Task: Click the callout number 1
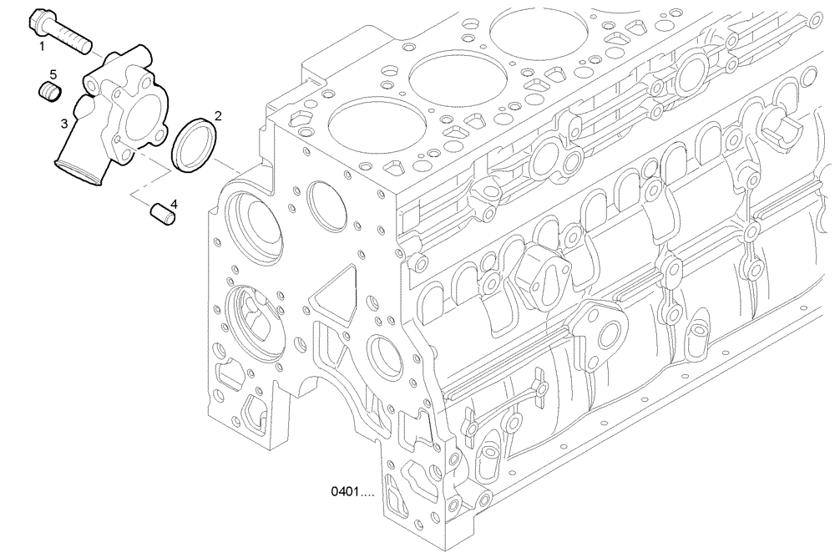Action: [40, 47]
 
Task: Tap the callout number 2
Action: [219, 114]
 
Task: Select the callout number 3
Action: [63, 124]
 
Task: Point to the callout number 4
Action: [174, 203]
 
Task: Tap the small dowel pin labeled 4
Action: [160, 214]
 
